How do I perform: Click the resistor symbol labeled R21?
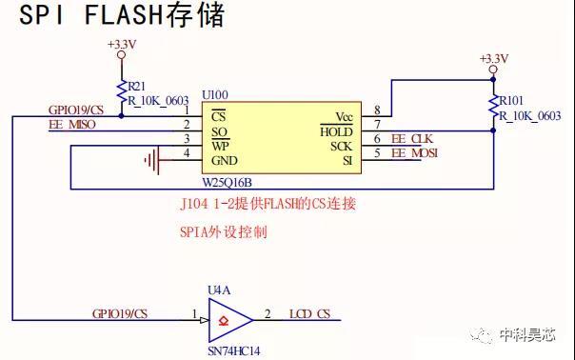coord(122,92)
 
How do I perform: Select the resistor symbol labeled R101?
coord(493,106)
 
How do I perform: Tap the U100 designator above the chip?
coord(215,95)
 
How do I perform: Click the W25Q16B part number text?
coord(227,183)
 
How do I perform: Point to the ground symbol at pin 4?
coord(153,160)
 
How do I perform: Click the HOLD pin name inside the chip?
coord(336,131)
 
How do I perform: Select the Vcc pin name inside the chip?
coord(344,117)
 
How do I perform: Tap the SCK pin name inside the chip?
coord(341,147)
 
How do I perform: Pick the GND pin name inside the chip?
coord(225,161)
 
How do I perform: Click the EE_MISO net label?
coord(72,125)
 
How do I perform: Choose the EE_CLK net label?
coord(412,139)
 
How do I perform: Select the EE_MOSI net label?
coord(415,153)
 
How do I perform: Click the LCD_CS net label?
coord(309,314)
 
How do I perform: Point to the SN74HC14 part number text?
coord(234,351)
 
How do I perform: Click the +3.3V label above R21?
coord(122,45)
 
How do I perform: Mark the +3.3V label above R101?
coord(494,59)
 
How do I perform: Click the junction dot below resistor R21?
coord(122,116)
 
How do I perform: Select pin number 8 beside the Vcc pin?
coord(377,110)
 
